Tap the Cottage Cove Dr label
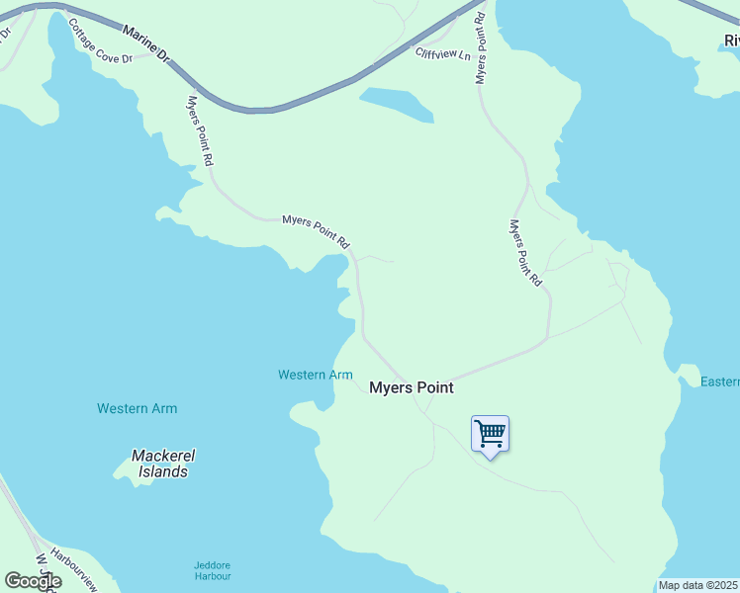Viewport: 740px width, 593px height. (100, 41)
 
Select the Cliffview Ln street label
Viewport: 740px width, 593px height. (442, 54)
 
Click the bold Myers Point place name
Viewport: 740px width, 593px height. (411, 387)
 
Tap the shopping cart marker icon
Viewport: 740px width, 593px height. (490, 434)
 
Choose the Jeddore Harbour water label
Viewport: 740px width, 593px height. (212, 570)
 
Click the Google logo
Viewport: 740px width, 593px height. (33, 581)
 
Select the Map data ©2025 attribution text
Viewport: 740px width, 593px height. (698, 585)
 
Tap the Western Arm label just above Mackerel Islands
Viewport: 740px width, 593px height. (137, 408)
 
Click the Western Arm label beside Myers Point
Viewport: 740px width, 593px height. (315, 375)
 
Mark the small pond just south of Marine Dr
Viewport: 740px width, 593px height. (398, 105)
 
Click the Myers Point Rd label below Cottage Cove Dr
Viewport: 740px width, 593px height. (200, 129)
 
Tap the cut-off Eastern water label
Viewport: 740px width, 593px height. (719, 381)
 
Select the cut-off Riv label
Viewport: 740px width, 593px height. (731, 41)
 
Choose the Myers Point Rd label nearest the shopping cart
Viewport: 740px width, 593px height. (525, 253)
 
